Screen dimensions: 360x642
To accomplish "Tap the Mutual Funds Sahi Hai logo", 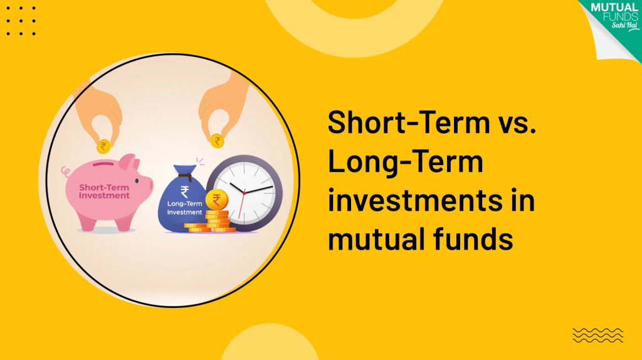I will pos(613,19).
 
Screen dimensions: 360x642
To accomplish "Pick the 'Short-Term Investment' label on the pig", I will pos(104,191).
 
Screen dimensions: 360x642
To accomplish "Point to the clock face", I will pos(250,191).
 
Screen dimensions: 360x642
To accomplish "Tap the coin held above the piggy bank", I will pos(103,146).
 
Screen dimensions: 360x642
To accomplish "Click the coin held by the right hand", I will pos(218,140).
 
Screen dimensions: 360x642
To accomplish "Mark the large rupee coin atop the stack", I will pos(217,200).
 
